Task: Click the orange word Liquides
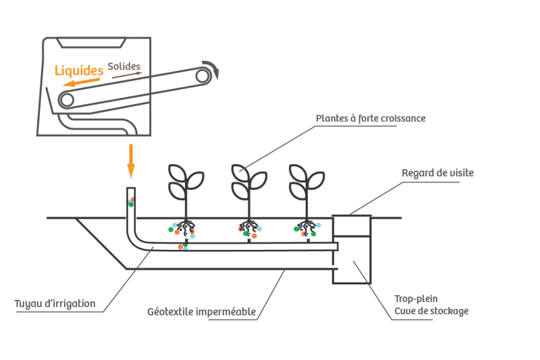pos(79,70)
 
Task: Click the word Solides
pos(124,67)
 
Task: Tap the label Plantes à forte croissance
pos(371,119)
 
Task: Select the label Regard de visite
pos(437,173)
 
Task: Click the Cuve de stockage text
pos(431,311)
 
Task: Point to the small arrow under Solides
pos(127,76)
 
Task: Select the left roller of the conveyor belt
pos(66,100)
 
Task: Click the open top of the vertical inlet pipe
pos(132,188)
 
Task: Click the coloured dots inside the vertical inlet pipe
pos(131,201)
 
